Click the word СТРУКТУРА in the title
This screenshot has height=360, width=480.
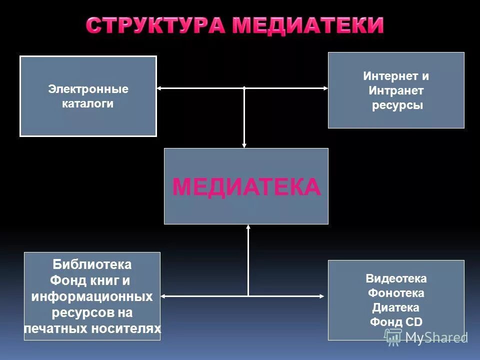(x=155, y=25)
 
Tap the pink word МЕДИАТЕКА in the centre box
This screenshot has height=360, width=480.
(x=246, y=187)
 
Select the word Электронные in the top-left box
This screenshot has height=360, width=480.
(x=88, y=89)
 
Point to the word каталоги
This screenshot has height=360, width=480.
(x=88, y=104)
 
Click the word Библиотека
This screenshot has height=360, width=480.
(x=92, y=264)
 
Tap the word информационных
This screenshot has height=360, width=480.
(x=92, y=296)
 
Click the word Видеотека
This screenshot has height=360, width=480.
(x=396, y=278)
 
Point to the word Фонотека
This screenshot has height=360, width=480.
(x=396, y=293)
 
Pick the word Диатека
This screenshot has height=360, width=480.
(x=396, y=307)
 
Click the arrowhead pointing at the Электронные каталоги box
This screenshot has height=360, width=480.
(x=159, y=88)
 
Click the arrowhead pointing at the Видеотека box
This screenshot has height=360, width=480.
(x=321, y=296)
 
